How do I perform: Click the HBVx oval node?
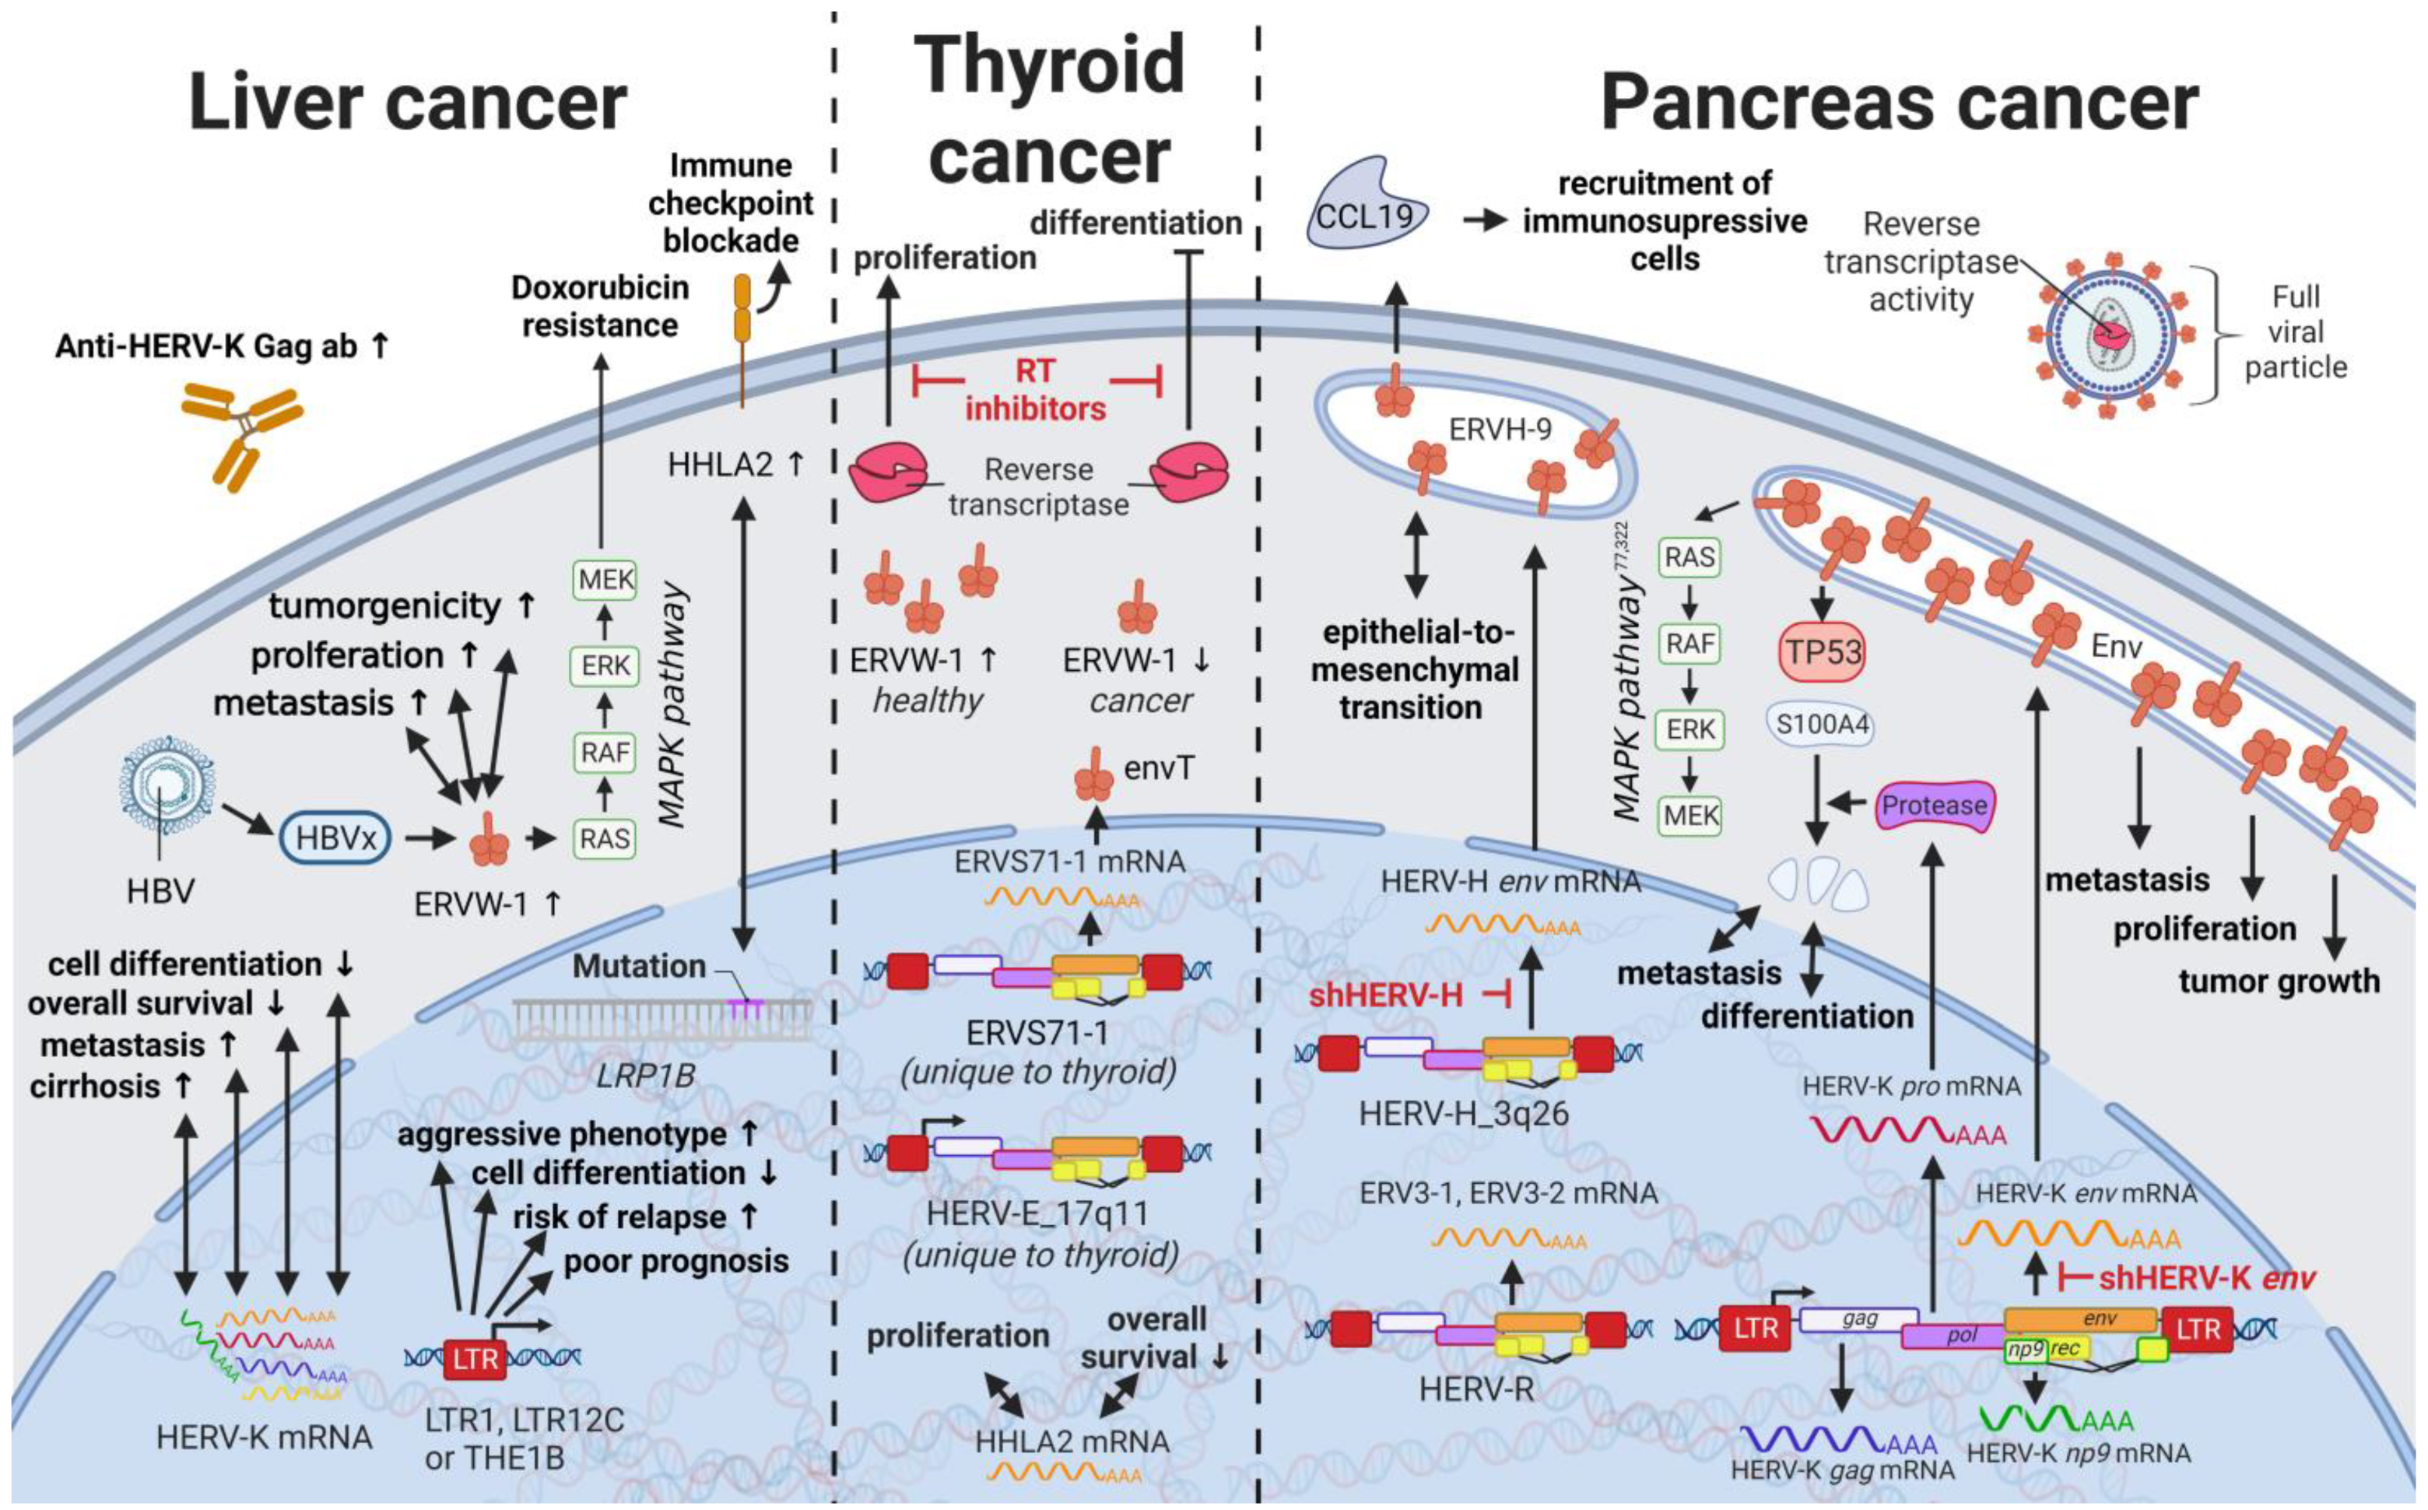pyautogui.click(x=335, y=837)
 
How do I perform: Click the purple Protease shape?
pyautogui.click(x=1934, y=805)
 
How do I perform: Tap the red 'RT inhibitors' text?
pyautogui.click(x=1035, y=389)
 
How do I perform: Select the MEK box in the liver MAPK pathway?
pyautogui.click(x=605, y=580)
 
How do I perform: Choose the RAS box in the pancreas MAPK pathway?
pyautogui.click(x=1689, y=557)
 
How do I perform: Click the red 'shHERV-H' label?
pyautogui.click(x=1386, y=995)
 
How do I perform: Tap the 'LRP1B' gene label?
pyautogui.click(x=646, y=1075)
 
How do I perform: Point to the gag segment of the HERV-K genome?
pyautogui.click(x=1859, y=1320)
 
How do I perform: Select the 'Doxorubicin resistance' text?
pyautogui.click(x=600, y=306)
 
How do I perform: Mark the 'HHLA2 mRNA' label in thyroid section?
pyautogui.click(x=1072, y=1441)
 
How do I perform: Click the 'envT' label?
pyautogui.click(x=1158, y=768)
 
